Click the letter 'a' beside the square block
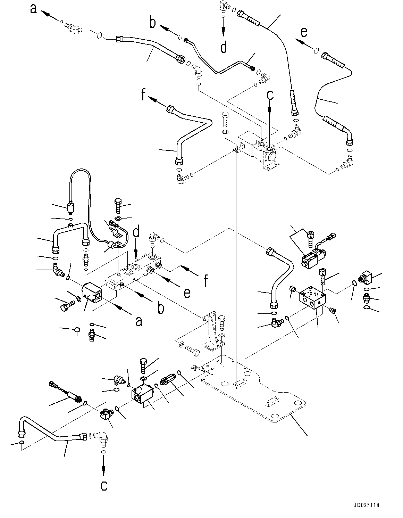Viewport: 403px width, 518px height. pos(138,321)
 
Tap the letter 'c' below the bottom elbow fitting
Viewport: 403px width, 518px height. pos(104,486)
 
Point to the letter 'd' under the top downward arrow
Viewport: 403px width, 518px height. pos(224,47)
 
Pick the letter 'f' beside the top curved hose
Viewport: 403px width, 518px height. pos(143,94)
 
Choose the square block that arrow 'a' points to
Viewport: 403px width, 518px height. pos(93,293)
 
